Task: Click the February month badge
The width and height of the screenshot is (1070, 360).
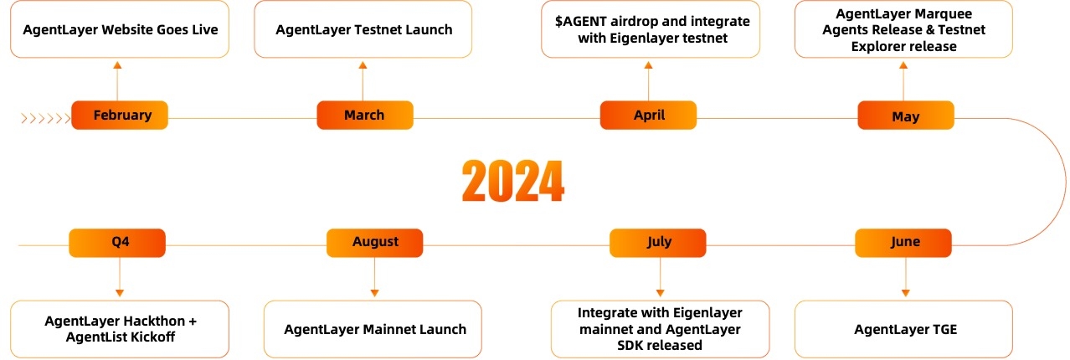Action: pos(120,115)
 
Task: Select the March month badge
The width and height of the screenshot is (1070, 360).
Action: pos(365,115)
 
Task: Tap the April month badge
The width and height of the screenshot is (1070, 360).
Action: pos(648,115)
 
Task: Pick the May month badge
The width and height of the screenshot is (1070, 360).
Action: pos(906,115)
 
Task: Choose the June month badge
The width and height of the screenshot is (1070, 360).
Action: pos(903,243)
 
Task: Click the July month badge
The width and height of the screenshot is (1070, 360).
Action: pos(658,243)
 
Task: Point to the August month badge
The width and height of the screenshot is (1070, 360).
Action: pos(375,243)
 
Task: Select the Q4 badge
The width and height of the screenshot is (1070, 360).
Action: pos(117,243)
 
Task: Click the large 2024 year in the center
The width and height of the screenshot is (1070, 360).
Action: pos(513,181)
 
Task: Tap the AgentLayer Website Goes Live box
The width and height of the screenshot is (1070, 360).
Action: pos(120,29)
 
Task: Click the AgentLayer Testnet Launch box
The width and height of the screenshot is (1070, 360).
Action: pos(363,29)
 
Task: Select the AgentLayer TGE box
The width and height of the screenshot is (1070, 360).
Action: pos(903,329)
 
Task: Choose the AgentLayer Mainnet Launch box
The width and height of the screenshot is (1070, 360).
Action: pos(373,329)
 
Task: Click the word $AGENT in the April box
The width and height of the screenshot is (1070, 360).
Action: pos(580,22)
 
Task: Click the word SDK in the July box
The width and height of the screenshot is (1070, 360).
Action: pos(628,345)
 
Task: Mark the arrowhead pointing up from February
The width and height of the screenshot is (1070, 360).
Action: pos(117,65)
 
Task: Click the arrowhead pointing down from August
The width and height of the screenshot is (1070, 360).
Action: pos(374,293)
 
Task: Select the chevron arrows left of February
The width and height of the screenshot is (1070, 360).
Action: pos(46,118)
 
